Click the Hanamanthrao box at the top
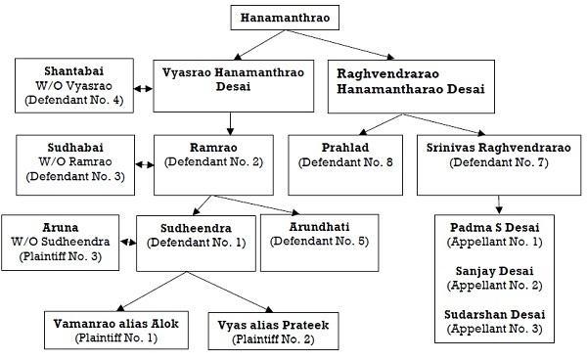coord(285,18)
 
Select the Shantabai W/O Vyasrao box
coord(74,85)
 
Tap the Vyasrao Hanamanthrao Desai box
coord(234,86)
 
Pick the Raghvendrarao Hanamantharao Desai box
coord(411,86)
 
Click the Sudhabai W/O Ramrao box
coord(75,165)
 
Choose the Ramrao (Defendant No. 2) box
coord(213,165)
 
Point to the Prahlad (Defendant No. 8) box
coord(345,165)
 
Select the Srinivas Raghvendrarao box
coord(499,165)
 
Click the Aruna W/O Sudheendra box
coord(61,243)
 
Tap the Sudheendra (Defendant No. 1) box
coord(197,244)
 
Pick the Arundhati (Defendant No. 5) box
coord(319,243)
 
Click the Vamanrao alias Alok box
coord(116,331)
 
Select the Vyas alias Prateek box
coord(274,332)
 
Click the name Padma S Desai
coord(494,227)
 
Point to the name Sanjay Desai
coord(494,271)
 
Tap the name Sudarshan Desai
coord(494,314)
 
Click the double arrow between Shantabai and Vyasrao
coord(144,89)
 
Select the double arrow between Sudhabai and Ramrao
coord(144,164)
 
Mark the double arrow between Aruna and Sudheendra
coord(128,243)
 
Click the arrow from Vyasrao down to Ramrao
coord(230,123)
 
